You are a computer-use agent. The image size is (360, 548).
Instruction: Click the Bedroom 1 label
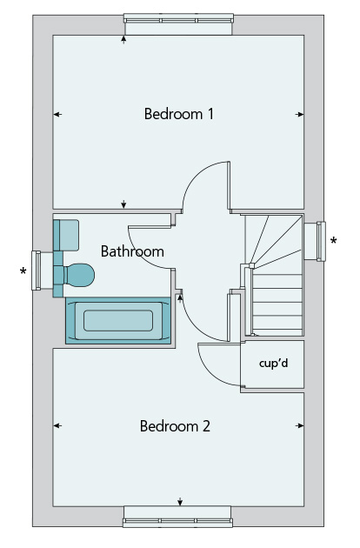click(x=178, y=114)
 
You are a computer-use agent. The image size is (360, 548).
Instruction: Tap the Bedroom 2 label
click(x=175, y=426)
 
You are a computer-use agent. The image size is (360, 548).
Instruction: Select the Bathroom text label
click(x=132, y=251)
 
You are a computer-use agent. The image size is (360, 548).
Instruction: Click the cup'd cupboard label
click(x=273, y=363)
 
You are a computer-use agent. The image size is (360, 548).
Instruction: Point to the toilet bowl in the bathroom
click(x=79, y=275)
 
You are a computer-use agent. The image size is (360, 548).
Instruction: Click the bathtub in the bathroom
click(x=118, y=320)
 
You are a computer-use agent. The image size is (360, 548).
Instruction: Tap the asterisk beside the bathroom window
click(x=23, y=271)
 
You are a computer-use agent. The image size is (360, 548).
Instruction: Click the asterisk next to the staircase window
click(x=334, y=240)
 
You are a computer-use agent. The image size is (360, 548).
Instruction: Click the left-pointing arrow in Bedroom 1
click(x=57, y=114)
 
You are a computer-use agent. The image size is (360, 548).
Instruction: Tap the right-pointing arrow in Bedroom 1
click(x=299, y=114)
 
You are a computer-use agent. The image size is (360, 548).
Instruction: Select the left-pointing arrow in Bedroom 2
click(x=57, y=425)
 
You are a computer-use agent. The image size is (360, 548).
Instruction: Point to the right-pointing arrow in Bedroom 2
click(x=299, y=425)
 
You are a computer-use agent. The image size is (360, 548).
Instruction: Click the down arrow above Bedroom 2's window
click(x=180, y=502)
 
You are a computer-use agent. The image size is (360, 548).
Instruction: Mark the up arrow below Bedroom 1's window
click(x=123, y=39)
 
